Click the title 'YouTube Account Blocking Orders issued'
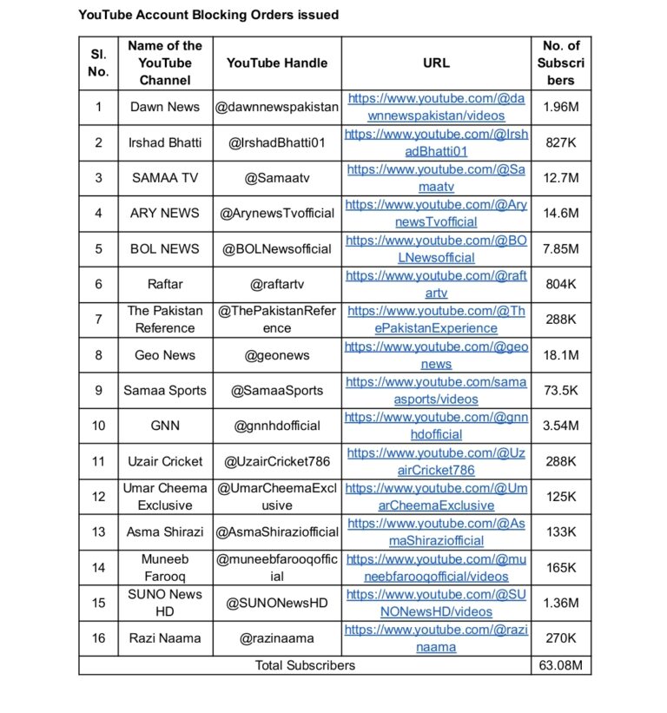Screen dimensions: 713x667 (x=208, y=15)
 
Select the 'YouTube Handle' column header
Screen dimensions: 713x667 (x=277, y=63)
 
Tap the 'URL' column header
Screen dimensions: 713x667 (x=436, y=63)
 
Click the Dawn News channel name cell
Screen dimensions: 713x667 (x=164, y=107)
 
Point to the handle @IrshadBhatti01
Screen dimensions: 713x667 (x=277, y=142)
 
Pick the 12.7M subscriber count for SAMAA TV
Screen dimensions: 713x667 (x=560, y=178)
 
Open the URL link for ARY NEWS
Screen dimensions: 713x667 (x=436, y=213)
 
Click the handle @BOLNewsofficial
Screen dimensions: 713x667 (x=277, y=248)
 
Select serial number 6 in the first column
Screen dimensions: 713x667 (x=98, y=284)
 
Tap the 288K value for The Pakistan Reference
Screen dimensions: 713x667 (x=560, y=320)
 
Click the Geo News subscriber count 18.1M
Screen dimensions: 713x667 (x=560, y=355)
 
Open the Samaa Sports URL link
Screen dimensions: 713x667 (x=436, y=390)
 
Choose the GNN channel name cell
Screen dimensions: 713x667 (x=164, y=426)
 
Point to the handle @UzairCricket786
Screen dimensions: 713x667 (x=277, y=461)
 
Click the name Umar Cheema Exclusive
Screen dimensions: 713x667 (x=164, y=497)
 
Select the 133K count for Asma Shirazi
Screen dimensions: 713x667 (x=560, y=531)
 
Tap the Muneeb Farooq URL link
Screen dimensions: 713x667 (x=436, y=567)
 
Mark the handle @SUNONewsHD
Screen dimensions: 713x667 (x=277, y=603)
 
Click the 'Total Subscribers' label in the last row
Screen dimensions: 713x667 (x=305, y=665)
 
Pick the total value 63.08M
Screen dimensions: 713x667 (x=560, y=665)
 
